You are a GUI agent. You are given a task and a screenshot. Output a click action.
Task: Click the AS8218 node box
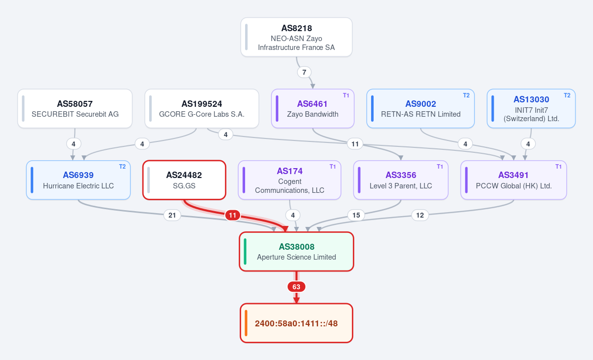(296, 37)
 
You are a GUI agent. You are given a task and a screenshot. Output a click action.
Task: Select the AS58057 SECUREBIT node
(75, 109)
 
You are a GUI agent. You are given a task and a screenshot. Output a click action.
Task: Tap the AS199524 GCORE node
(202, 109)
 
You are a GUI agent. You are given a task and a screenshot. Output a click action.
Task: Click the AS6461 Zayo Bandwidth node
(313, 109)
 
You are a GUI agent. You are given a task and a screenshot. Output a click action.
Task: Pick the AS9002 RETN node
(421, 109)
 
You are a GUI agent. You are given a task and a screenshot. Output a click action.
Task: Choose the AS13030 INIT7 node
(531, 109)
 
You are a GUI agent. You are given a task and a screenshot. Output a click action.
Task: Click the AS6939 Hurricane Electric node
(79, 180)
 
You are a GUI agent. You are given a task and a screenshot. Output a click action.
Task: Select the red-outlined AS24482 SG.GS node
(184, 180)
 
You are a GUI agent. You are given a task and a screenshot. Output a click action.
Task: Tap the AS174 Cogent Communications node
(290, 180)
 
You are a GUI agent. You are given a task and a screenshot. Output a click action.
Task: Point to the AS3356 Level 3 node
(401, 180)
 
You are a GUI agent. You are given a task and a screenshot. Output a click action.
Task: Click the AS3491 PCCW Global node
(513, 180)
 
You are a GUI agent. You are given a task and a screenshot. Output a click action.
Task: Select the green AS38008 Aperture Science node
(296, 251)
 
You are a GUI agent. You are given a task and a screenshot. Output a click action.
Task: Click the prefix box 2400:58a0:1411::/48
(296, 323)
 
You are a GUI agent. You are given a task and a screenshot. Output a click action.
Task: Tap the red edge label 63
(296, 287)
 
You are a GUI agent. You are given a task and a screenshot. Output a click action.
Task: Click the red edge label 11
(233, 216)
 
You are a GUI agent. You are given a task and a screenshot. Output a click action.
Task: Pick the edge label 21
(172, 216)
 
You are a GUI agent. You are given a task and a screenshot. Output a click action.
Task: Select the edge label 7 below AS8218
(304, 72)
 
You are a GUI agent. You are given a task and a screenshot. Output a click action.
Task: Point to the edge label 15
(356, 216)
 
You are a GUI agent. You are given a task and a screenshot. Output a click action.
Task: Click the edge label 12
(420, 216)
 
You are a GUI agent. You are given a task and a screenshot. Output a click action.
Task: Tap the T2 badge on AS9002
(466, 95)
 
